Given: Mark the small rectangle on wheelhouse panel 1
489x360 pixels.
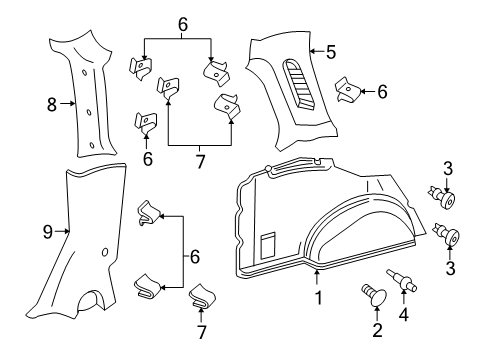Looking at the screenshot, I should coord(268,243).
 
